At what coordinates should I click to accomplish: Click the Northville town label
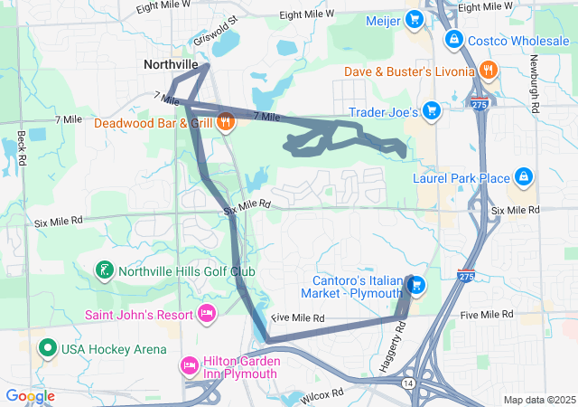coord(170,65)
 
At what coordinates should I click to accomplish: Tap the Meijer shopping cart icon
coord(415,20)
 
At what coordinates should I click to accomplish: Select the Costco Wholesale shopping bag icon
coord(454,41)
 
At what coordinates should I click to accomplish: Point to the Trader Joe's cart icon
coord(432,111)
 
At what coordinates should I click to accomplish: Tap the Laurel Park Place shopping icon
coord(523,177)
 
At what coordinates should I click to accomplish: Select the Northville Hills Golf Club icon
coord(106,270)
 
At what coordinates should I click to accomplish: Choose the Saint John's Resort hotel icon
coord(207,314)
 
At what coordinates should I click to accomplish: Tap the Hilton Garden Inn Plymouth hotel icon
coord(190,366)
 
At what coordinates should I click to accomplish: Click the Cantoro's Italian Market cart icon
coord(416,286)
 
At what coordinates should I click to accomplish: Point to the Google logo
coord(31,396)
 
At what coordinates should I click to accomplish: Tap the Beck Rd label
coord(21,149)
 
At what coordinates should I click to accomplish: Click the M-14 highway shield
coord(410,383)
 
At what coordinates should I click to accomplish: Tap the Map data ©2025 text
coord(539,400)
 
